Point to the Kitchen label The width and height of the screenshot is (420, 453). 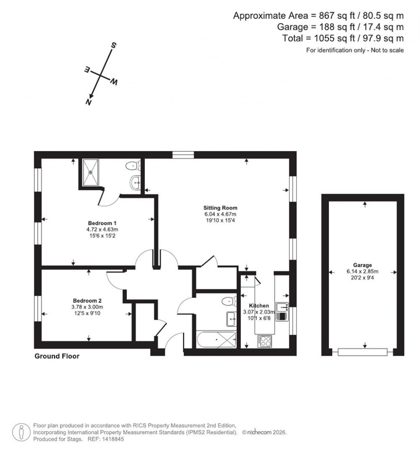pyautogui.click(x=259, y=306)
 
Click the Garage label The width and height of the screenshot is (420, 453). pyautogui.click(x=362, y=265)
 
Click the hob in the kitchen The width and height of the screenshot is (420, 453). pyautogui.click(x=264, y=341)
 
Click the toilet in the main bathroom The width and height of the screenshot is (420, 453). pyautogui.click(x=229, y=302)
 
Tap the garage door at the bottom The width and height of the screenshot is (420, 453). pyautogui.click(x=362, y=352)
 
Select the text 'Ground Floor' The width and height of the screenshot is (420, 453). pyautogui.click(x=57, y=356)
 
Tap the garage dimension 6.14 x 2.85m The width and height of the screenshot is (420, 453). pyautogui.click(x=362, y=271)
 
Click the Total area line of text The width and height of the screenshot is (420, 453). pyautogui.click(x=343, y=38)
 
